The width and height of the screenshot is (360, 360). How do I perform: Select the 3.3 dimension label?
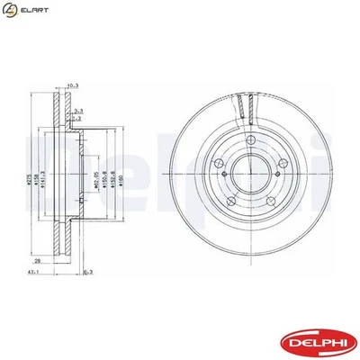click(x=79, y=109)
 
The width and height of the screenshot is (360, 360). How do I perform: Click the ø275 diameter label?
click(x=40, y=166)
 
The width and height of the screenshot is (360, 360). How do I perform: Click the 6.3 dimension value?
click(x=88, y=271)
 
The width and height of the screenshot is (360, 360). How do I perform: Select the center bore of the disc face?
click(x=248, y=170)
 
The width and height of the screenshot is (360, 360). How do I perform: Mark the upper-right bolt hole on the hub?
click(x=282, y=163)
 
